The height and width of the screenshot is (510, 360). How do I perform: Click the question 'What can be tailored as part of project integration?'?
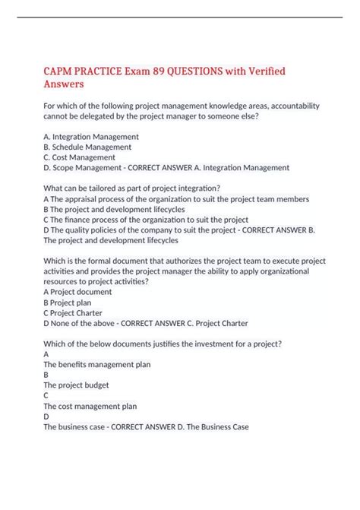point(132,188)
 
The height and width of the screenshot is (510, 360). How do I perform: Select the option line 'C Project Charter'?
point(73,312)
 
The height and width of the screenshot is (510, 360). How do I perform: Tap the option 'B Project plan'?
point(68,302)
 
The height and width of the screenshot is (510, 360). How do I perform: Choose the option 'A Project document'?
point(77,291)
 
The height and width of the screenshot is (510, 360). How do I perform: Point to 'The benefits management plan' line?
point(96,364)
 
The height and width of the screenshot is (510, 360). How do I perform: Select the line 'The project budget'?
point(77,385)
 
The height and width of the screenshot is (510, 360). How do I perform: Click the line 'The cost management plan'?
point(90,406)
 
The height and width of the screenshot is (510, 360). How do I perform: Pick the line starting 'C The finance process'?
point(152,219)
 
